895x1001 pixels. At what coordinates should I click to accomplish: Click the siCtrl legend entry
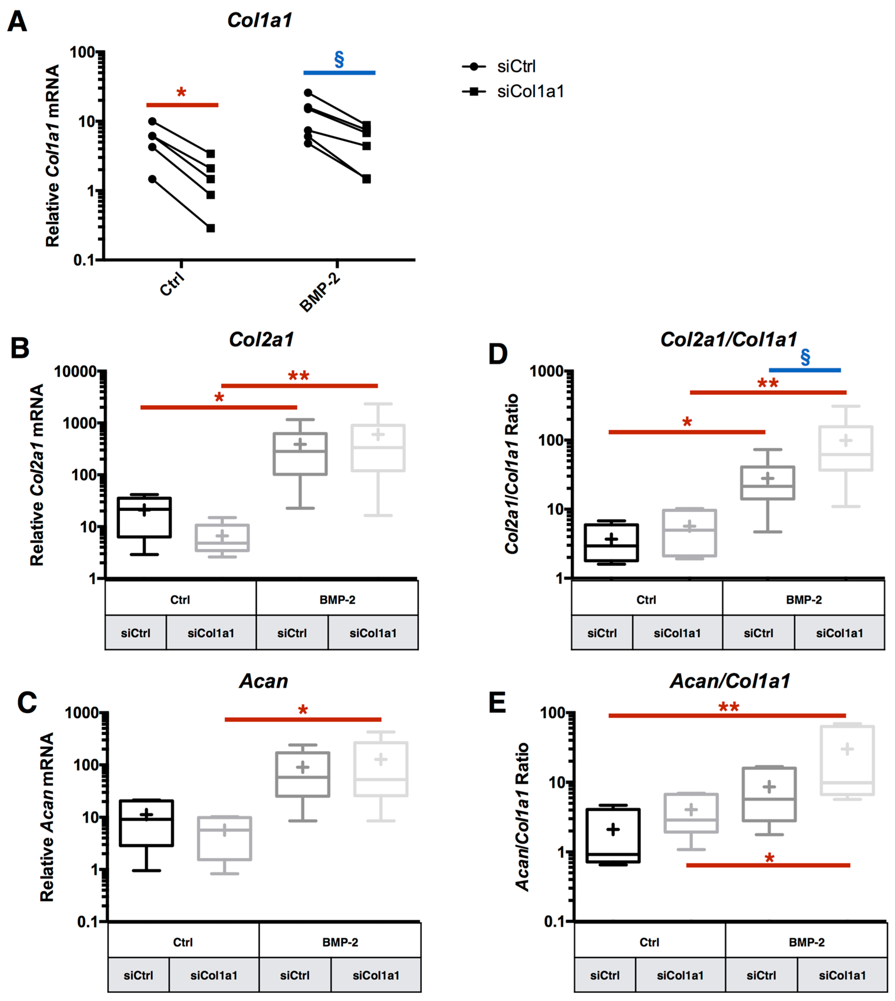[515, 66]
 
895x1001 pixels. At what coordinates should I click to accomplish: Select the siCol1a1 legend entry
[529, 91]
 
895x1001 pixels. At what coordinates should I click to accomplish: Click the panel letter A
[17, 22]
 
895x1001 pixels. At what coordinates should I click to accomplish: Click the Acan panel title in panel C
[264, 681]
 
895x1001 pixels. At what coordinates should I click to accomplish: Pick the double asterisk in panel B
[299, 376]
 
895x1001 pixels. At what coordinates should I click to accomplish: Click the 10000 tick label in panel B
[75, 371]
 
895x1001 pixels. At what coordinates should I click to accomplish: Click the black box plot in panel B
[144, 518]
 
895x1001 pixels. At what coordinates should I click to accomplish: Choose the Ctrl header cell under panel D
[646, 600]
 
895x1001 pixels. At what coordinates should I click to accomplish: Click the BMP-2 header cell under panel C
[340, 942]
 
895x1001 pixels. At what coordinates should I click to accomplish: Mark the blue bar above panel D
[805, 370]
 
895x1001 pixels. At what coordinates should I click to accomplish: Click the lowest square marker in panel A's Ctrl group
[210, 228]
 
